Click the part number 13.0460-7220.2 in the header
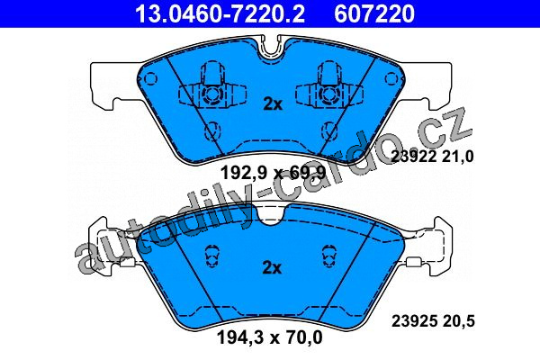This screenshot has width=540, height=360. [220, 13]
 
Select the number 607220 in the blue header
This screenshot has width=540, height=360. [374, 13]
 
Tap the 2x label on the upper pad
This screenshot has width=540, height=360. [273, 104]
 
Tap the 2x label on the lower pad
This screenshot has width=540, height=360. [272, 267]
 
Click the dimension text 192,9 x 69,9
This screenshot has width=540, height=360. [273, 173]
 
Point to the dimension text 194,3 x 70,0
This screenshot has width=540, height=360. [270, 337]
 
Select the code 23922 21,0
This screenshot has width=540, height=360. [433, 157]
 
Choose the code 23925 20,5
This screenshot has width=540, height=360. [433, 321]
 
